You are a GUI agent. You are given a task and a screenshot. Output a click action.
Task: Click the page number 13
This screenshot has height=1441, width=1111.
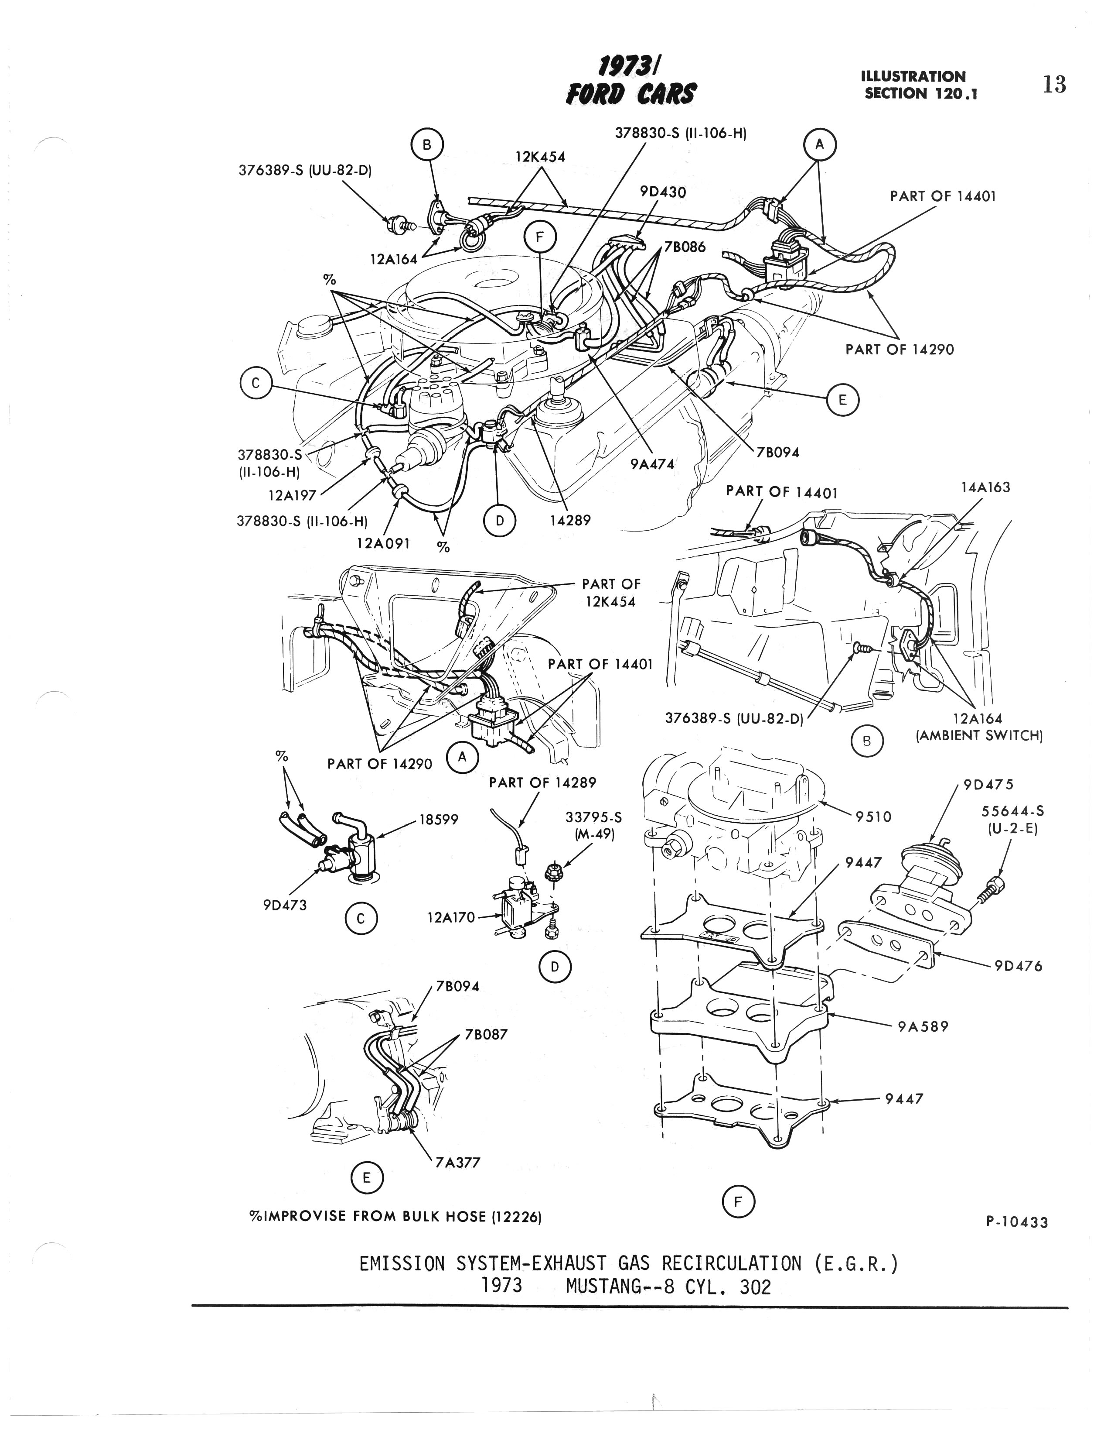click(x=1053, y=85)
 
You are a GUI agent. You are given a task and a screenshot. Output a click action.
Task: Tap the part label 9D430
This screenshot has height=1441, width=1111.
click(x=663, y=192)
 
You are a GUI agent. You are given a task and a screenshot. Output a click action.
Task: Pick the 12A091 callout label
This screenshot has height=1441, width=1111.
click(x=383, y=543)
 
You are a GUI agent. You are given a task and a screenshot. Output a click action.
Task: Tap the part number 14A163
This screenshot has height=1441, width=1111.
click(x=985, y=487)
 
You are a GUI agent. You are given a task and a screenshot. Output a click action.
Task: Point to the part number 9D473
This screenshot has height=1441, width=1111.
click(x=285, y=905)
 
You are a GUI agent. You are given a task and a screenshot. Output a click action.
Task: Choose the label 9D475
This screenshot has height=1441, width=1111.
click(x=988, y=785)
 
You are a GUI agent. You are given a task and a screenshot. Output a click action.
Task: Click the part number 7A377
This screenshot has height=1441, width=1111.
click(x=457, y=1163)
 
